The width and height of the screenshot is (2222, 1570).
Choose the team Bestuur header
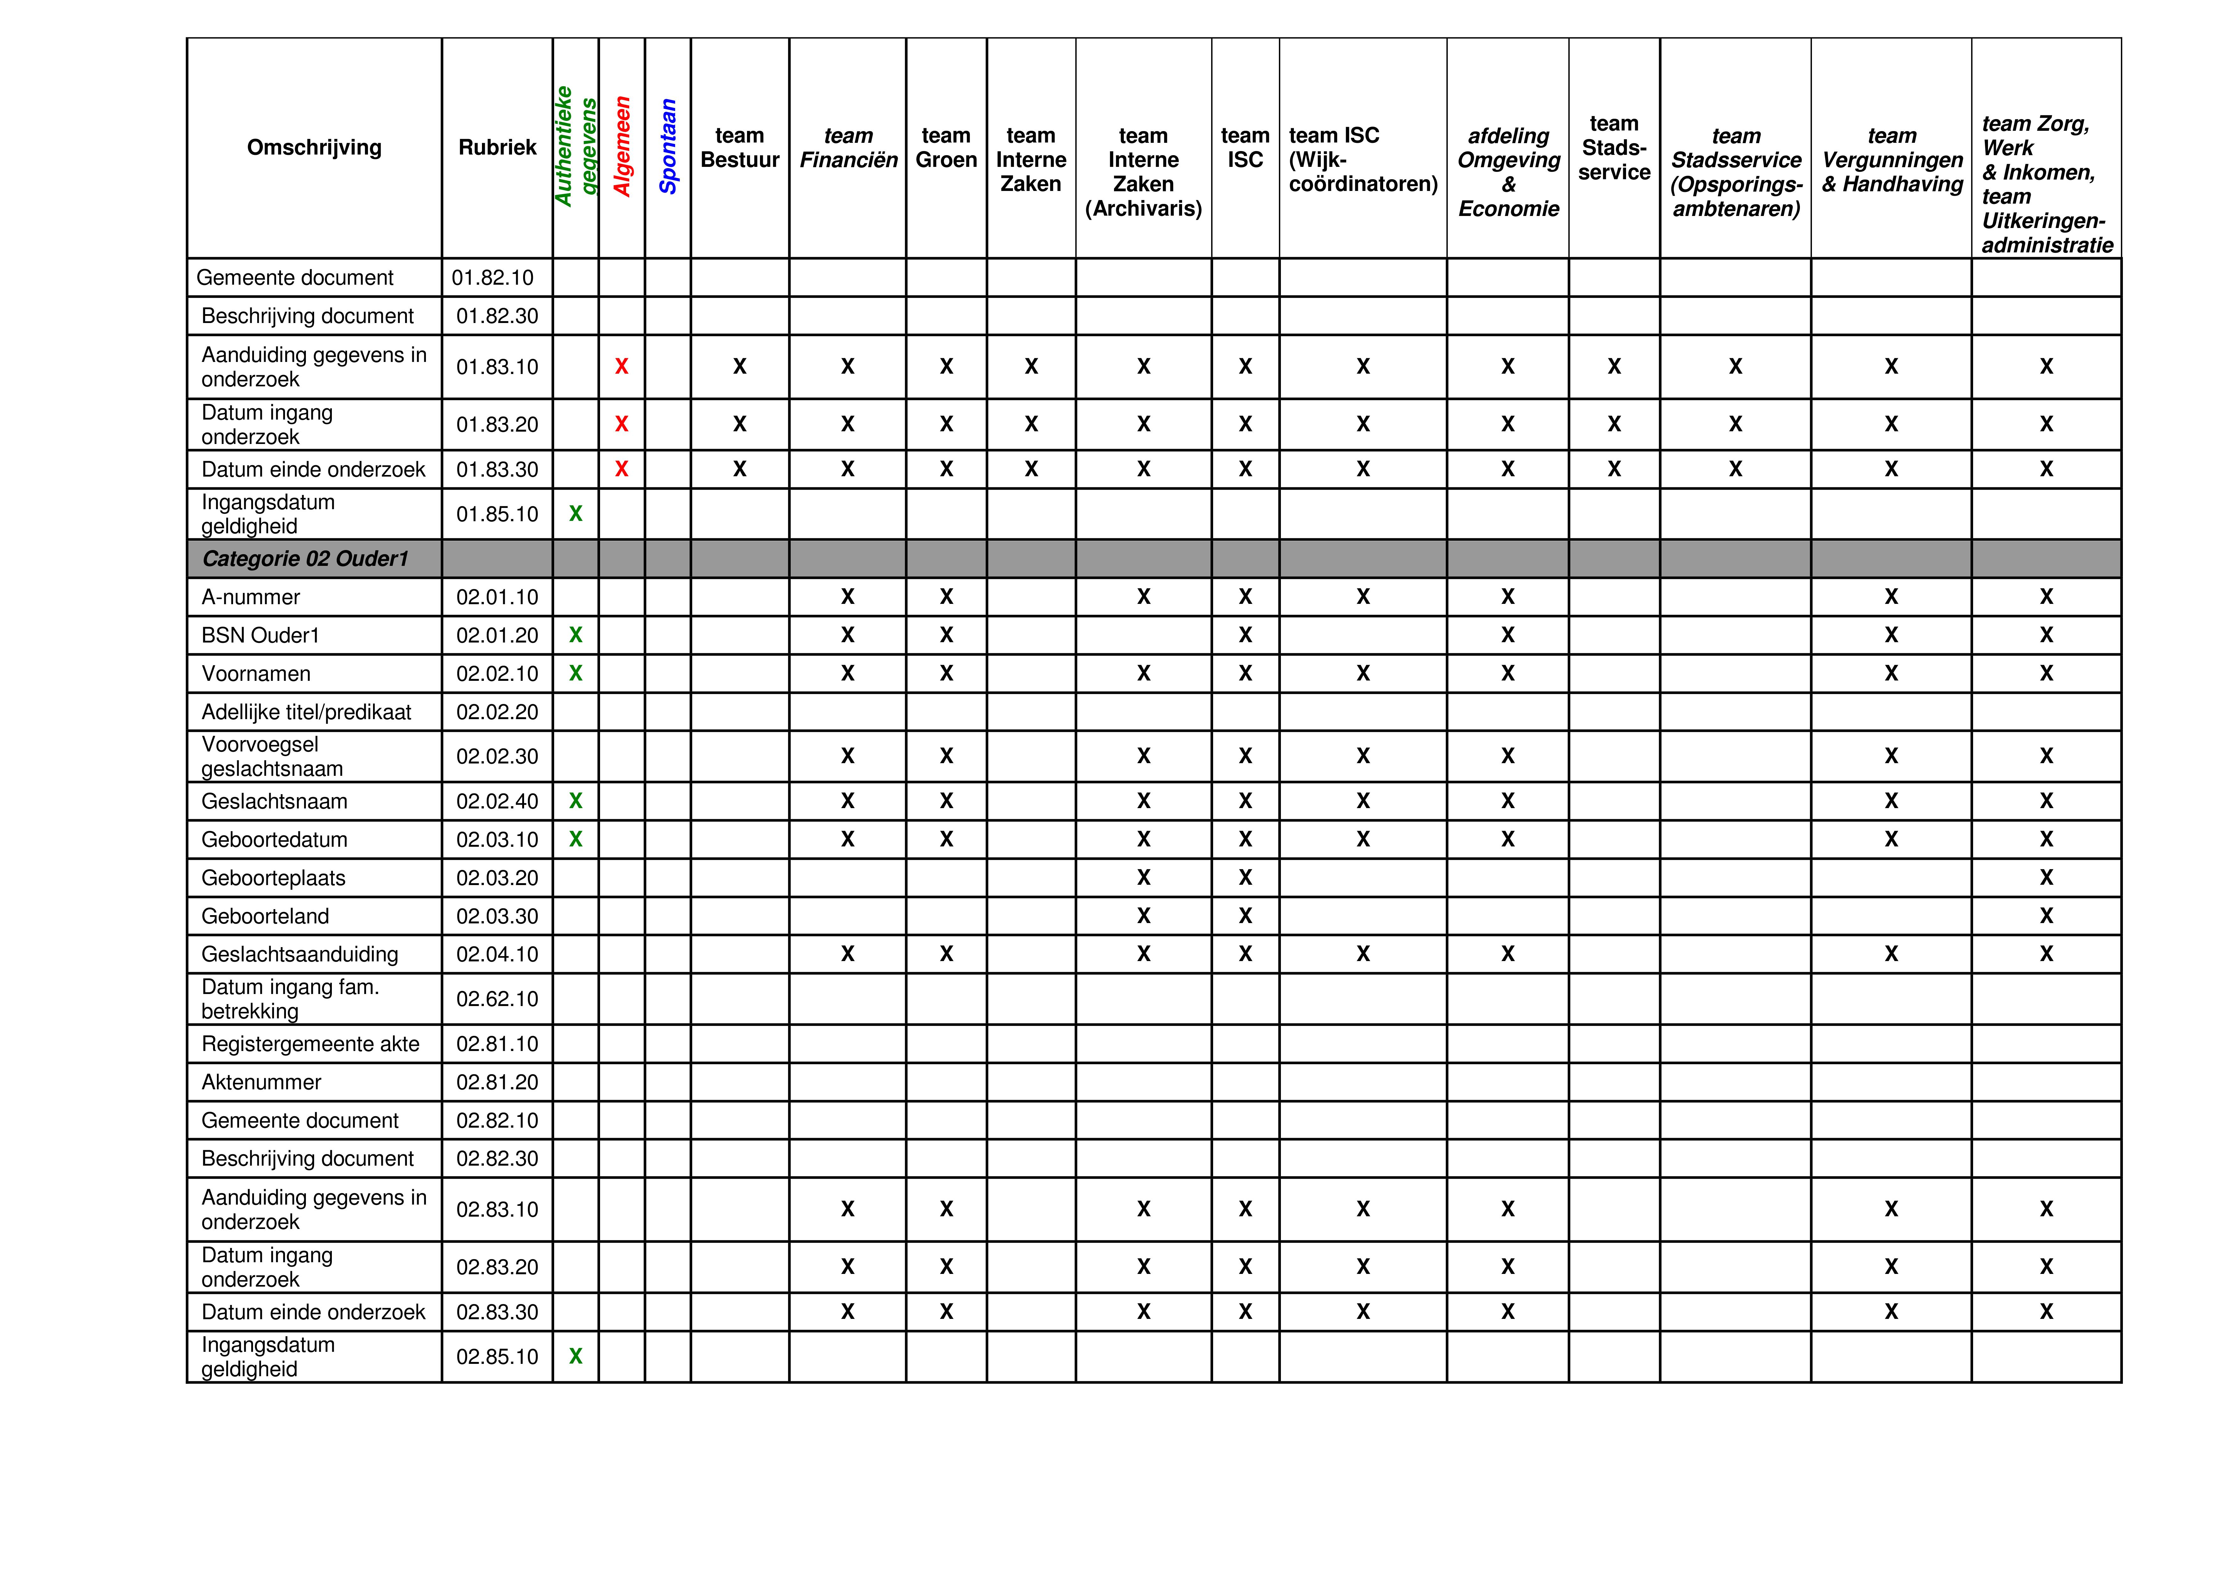tap(739, 147)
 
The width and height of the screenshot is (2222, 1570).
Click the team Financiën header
tap(848, 147)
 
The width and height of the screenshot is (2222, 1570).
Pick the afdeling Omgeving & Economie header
tap(1508, 171)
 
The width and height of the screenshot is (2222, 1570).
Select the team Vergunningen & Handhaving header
tap(1891, 160)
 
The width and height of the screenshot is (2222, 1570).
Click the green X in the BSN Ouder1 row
tap(576, 635)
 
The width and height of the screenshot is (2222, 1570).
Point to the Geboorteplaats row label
tap(273, 878)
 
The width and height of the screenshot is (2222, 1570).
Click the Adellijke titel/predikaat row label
tap(306, 712)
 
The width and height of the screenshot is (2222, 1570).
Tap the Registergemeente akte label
tap(310, 1043)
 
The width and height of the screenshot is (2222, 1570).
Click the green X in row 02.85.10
tap(576, 1356)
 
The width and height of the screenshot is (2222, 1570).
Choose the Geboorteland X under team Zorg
tap(2046, 916)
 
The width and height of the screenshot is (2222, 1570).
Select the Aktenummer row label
tap(261, 1082)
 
